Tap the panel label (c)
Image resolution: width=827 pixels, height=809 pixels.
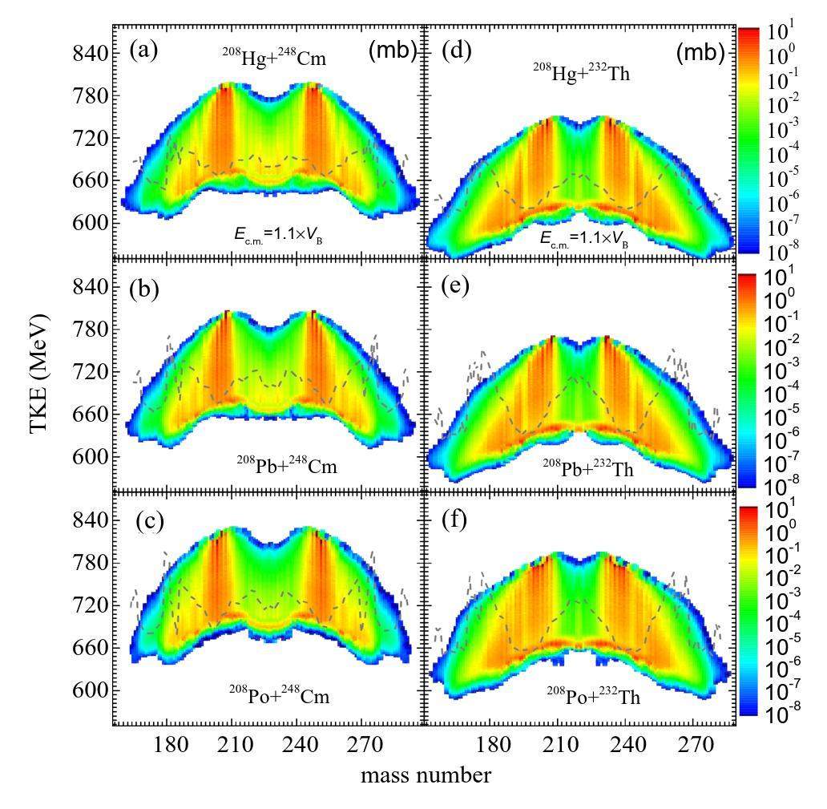[x=149, y=521]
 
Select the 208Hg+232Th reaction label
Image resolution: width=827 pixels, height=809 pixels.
[x=582, y=75]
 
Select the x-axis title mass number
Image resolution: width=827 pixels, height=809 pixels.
[x=426, y=775]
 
